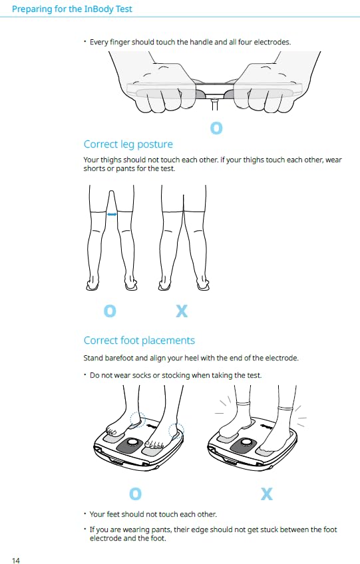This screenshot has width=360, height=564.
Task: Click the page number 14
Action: [16, 560]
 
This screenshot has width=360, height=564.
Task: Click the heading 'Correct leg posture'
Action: [128, 144]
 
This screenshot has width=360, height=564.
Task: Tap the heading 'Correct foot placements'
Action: [139, 341]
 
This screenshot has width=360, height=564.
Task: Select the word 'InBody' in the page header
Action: [98, 9]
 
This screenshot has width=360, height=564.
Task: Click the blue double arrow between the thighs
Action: [112, 214]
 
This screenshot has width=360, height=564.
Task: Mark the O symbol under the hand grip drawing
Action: [216, 128]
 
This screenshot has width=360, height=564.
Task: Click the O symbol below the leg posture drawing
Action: [110, 311]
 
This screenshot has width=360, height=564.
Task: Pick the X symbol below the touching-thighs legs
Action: [182, 311]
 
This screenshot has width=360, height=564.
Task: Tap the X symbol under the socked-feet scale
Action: [267, 494]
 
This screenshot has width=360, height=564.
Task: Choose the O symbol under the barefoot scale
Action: [135, 494]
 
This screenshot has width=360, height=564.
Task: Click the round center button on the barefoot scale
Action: [132, 442]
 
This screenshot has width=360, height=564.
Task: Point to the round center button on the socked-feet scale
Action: [246, 442]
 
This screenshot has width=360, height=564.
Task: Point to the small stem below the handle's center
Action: [214, 104]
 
